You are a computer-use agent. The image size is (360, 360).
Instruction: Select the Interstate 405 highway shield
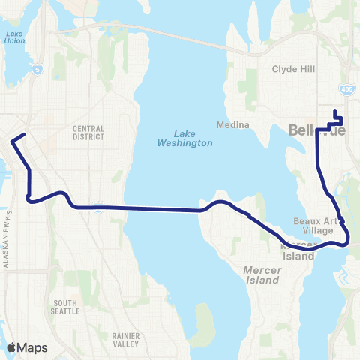pos(346,90)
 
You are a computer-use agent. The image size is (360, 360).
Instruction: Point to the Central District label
pos(88,133)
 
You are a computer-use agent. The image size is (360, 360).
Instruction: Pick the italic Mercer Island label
pos(262,273)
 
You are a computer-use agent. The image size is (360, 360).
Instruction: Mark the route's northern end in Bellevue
pos(334,112)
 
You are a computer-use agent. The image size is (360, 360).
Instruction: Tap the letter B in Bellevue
pos(294,130)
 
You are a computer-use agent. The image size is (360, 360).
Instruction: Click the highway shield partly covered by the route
pos(98,209)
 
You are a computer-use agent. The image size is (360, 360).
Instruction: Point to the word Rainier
pos(122,336)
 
